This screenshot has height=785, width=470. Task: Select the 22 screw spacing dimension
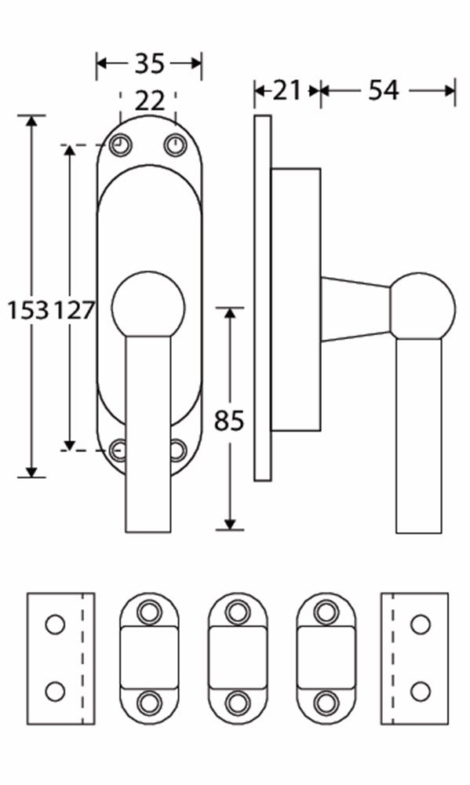pyautogui.click(x=148, y=100)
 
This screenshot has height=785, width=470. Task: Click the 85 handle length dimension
pyautogui.click(x=229, y=421)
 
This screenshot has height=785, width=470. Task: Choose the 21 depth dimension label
pyautogui.click(x=287, y=90)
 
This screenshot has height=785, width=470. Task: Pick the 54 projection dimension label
pyautogui.click(x=384, y=90)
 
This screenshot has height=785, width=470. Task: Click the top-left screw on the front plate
pyautogui.click(x=120, y=145)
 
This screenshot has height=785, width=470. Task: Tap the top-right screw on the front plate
pyautogui.click(x=174, y=145)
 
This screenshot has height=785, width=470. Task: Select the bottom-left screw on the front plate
pyautogui.click(x=118, y=450)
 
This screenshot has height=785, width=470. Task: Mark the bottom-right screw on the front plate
pyautogui.click(x=177, y=450)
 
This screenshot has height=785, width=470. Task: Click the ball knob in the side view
pyautogui.click(x=422, y=306)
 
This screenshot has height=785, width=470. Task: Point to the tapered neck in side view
pyautogui.click(x=355, y=309)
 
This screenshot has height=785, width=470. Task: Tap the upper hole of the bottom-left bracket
pyautogui.click(x=54, y=625)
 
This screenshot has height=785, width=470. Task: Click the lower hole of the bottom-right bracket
pyautogui.click(x=421, y=692)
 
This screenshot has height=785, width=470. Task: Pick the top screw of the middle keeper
pyautogui.click(x=238, y=611)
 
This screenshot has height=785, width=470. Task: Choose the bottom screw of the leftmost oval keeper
pyautogui.click(x=148, y=702)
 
